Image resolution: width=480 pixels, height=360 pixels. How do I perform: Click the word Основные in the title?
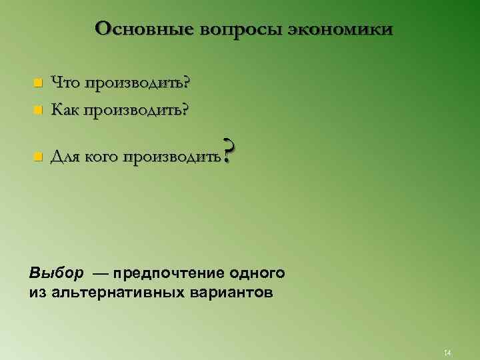[138, 29]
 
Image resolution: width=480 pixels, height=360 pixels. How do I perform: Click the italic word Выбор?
[57, 273]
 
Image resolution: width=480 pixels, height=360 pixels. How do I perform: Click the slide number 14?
[447, 352]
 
